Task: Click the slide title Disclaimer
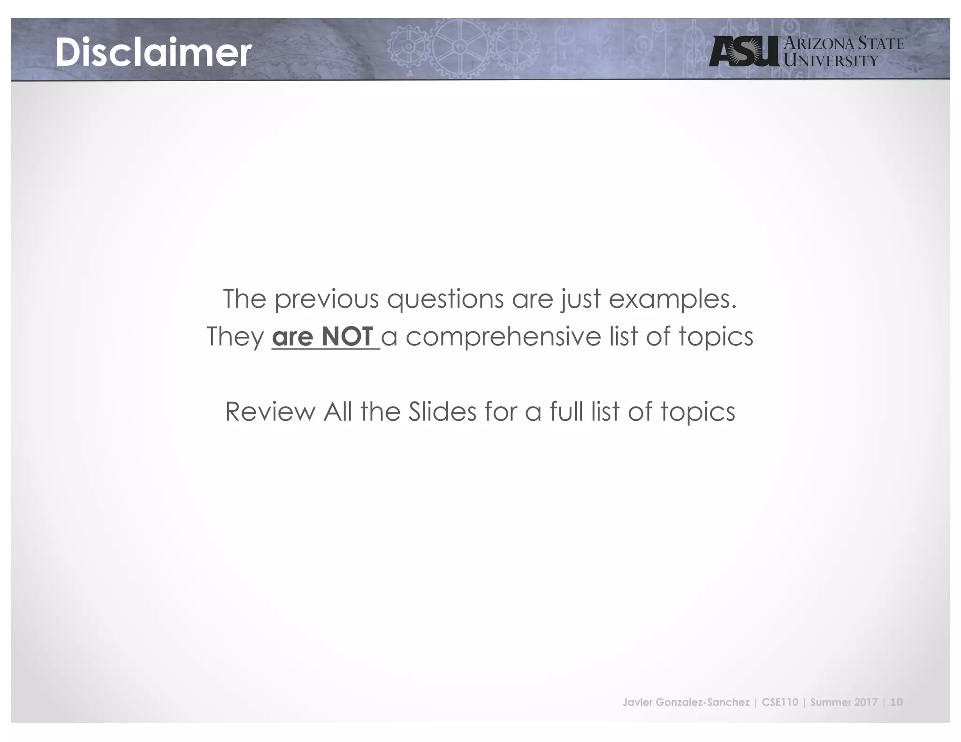[x=153, y=52]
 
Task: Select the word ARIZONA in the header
[x=819, y=44]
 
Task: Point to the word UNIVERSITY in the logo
[x=831, y=61]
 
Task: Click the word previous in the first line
[x=326, y=299]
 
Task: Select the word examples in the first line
[x=672, y=299]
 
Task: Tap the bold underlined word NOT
[x=347, y=336]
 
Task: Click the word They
[x=236, y=336]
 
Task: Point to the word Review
[x=270, y=411]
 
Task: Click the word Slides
[x=442, y=411]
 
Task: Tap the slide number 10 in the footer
[x=896, y=702]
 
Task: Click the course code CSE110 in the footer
[x=780, y=702]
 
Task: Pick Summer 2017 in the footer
[x=844, y=702]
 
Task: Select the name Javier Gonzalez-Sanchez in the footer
[x=686, y=702]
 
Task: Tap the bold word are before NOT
[x=292, y=337]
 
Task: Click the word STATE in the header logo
[x=880, y=44]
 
